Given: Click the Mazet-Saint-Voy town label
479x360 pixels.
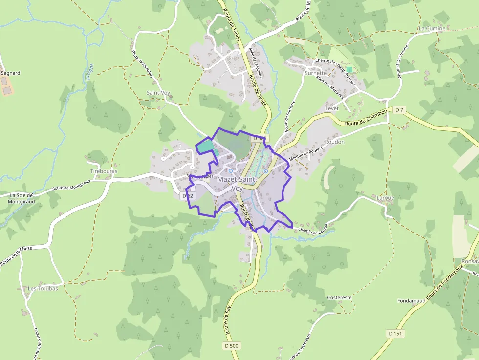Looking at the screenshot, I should coord(237,183).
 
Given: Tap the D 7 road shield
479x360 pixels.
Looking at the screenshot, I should coord(400,109).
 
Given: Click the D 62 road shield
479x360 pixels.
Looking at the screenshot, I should coord(188,196).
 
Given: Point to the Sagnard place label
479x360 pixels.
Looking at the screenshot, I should coord(11,73).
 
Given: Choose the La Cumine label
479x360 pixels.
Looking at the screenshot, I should coord(432,29).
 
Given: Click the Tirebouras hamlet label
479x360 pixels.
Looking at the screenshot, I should coord(104,171).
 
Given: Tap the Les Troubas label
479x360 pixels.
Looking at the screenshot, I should coord(43,288).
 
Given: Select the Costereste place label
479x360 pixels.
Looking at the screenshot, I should coord(339,297).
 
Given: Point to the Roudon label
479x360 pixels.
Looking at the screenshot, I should coord(334,142).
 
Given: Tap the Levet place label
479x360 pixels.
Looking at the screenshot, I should coord(332,108).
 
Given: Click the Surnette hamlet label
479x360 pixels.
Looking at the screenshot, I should coord(315,73).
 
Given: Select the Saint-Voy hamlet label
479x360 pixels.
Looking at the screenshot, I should coord(158,93).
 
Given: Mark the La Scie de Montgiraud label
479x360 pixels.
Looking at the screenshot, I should coord(21,198).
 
